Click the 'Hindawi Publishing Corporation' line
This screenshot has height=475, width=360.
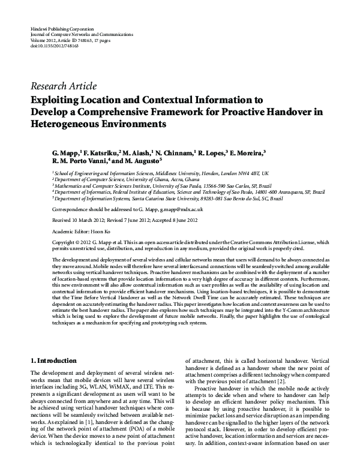pos(62,29)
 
